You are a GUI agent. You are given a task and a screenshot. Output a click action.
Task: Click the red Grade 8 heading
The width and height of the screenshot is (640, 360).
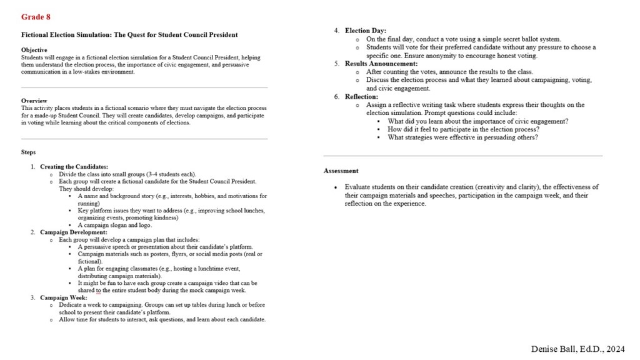click(36, 17)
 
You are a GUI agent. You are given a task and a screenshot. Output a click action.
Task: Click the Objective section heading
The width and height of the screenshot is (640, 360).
click(34, 49)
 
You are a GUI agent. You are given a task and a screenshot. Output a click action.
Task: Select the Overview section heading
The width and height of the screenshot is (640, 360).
click(34, 101)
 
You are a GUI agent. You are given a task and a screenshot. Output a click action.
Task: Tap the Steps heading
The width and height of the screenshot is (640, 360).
click(28, 152)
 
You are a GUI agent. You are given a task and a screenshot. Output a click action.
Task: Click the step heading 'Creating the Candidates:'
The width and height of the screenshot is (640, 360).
click(74, 167)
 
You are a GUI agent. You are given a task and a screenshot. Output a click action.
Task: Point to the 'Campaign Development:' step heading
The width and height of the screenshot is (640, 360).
click(73, 232)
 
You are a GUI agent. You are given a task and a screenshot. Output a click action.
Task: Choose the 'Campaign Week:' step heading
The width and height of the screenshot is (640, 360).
click(64, 297)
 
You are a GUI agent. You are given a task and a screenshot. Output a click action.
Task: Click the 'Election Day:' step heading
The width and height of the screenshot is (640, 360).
click(365, 31)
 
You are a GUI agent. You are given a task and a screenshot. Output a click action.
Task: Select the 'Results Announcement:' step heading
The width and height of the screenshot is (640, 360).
click(381, 64)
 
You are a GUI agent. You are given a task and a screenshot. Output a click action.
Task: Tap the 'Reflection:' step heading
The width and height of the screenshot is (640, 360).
click(361, 97)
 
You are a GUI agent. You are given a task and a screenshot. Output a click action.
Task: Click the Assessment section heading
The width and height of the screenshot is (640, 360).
click(341, 171)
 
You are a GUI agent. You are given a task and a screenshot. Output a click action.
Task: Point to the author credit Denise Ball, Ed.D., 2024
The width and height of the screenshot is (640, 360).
click(577, 349)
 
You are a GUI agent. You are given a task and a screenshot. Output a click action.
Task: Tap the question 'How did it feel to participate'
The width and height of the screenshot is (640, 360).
click(463, 129)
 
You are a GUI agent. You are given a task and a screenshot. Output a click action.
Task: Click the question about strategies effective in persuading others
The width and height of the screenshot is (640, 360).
click(462, 137)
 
